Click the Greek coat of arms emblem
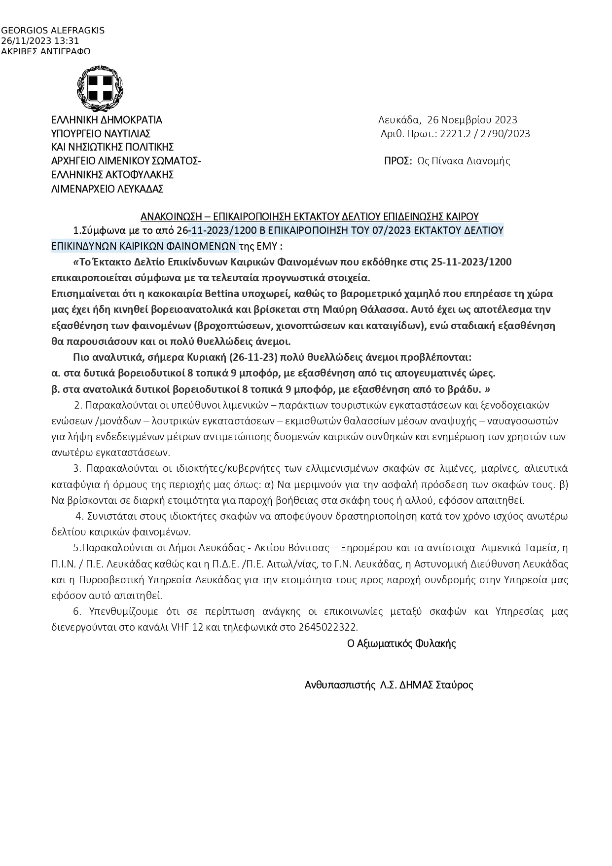(x=100, y=89)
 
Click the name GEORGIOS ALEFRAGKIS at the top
(x=53, y=31)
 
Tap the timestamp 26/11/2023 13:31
(x=40, y=41)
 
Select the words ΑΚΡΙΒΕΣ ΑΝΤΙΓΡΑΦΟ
(x=46, y=51)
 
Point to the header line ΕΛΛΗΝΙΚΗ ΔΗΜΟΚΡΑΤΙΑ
(x=107, y=120)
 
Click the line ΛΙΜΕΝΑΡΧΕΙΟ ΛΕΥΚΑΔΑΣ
(x=107, y=188)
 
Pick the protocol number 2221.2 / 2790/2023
(x=485, y=134)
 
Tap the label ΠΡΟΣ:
(x=397, y=161)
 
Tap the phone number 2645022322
(x=328, y=628)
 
